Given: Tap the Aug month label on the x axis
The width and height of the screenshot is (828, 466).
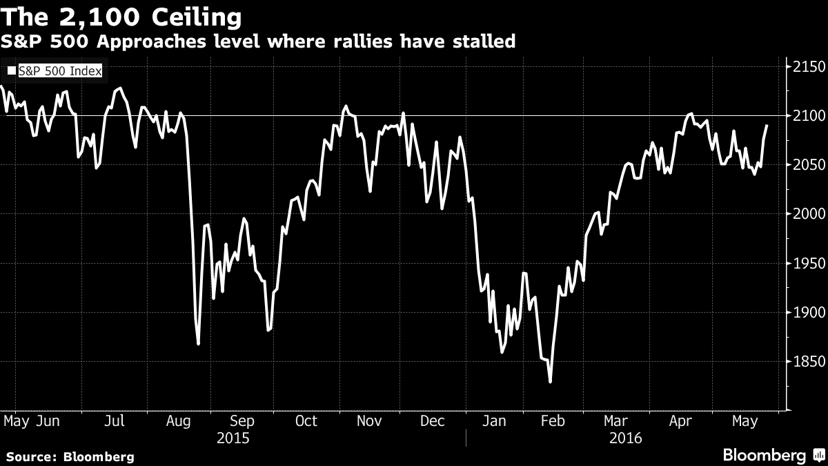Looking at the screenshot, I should coord(179,421).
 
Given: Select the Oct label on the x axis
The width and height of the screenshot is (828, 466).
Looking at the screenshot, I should coord(306,421).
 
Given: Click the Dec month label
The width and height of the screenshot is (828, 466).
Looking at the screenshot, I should coord(433,421).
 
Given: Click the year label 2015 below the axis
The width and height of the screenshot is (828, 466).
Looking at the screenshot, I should coord(233,438).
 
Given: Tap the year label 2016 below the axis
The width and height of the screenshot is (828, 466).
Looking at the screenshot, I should coord(626,438).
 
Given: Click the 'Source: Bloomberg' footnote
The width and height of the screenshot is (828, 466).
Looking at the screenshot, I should coord(70,456).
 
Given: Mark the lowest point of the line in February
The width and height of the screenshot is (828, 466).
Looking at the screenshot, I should coord(550,381).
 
